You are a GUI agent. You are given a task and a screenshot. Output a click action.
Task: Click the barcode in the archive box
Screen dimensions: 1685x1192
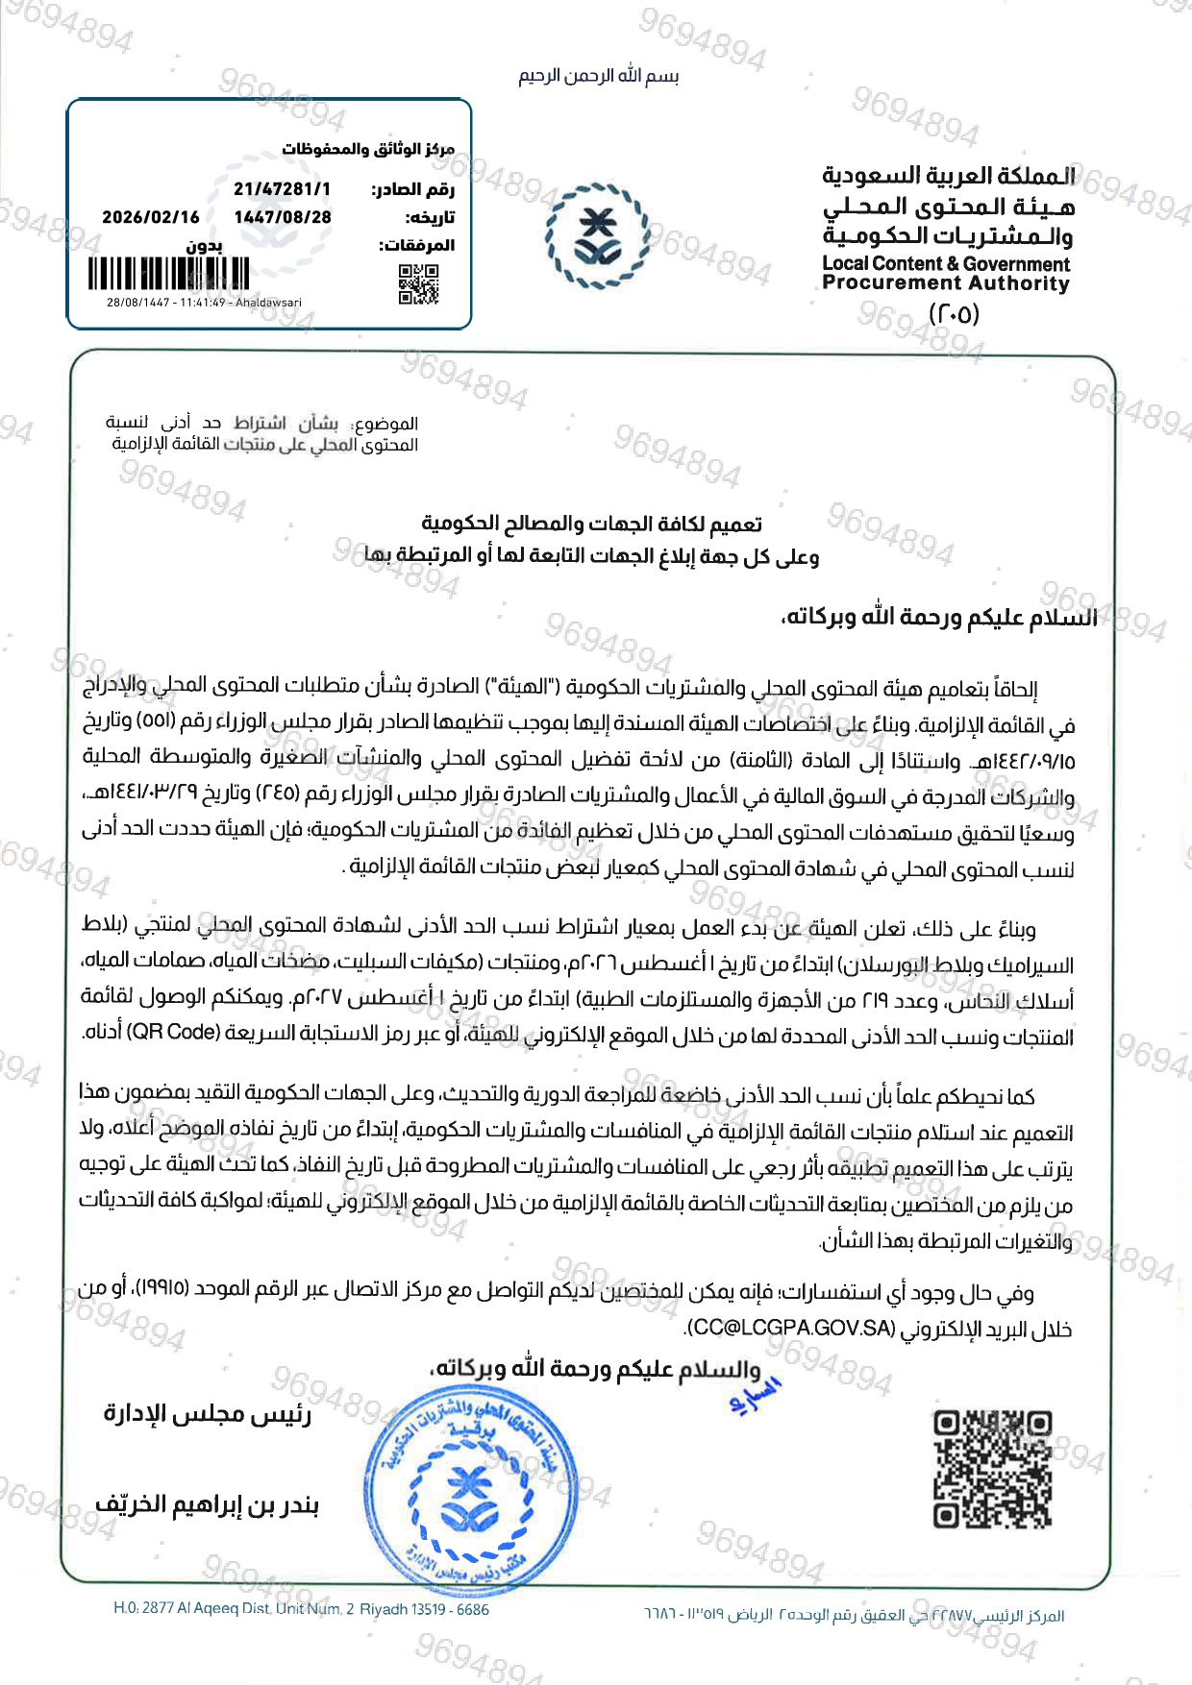click(169, 274)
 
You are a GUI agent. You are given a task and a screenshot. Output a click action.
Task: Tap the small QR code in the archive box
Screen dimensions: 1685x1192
click(418, 284)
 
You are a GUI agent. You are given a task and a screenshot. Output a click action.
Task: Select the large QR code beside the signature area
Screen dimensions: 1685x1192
click(992, 1469)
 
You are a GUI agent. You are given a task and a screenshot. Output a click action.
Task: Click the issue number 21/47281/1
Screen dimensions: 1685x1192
click(282, 189)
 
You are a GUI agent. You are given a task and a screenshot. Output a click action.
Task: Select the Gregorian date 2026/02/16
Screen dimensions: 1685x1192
click(151, 217)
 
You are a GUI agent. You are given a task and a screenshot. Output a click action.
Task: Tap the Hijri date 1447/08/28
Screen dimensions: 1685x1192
click(283, 217)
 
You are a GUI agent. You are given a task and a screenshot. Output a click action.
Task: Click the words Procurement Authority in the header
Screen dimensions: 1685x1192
click(946, 283)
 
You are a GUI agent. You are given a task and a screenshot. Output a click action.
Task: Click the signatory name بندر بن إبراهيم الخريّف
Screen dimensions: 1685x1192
click(207, 1504)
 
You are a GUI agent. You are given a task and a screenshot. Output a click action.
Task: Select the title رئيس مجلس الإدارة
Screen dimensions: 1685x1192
click(208, 1414)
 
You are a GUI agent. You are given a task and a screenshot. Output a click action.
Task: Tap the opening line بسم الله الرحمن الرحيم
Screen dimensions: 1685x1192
click(598, 76)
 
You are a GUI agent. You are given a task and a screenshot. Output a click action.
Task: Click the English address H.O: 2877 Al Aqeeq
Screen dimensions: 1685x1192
click(301, 1609)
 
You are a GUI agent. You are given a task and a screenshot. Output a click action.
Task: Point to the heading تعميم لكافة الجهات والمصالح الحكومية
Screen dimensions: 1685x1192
click(591, 524)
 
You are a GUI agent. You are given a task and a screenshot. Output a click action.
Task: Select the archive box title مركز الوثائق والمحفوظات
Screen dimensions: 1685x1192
click(367, 149)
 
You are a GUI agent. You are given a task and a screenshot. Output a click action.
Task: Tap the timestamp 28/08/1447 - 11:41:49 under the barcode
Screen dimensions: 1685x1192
click(204, 303)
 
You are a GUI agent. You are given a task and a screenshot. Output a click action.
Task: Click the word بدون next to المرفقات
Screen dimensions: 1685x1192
click(205, 246)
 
